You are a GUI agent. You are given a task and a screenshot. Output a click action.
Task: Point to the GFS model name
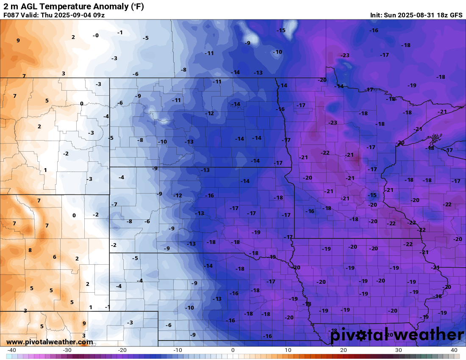[456, 15]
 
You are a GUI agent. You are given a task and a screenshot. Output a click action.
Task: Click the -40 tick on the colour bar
[12, 350]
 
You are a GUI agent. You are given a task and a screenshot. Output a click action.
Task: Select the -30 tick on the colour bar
[67, 350]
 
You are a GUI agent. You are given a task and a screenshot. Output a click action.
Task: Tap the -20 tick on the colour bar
[122, 350]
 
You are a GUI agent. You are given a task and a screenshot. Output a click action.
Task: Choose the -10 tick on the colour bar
[178, 350]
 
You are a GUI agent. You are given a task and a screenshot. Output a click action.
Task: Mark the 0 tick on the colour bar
[233, 350]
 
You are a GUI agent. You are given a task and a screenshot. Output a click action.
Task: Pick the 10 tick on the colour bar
[288, 350]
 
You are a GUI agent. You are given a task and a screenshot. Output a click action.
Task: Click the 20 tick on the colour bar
[344, 350]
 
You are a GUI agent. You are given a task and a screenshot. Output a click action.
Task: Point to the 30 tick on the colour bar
[399, 350]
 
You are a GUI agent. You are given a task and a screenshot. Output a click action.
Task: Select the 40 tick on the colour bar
[454, 350]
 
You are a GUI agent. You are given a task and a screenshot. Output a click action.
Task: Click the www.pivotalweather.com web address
[50, 342]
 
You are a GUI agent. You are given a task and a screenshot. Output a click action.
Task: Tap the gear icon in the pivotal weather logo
[361, 335]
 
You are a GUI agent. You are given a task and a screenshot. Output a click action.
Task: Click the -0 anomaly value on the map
[96, 36]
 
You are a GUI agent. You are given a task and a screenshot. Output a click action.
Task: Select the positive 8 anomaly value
[30, 250]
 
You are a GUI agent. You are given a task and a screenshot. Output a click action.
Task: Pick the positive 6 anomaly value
[54, 257]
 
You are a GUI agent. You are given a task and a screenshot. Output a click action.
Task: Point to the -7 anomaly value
[114, 205]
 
